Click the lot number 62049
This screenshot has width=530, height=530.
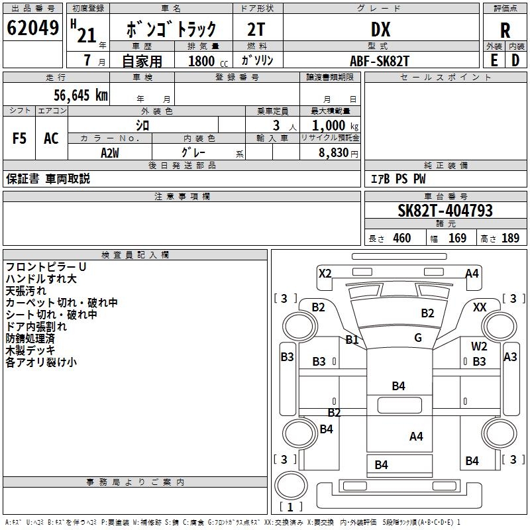pos(32,28)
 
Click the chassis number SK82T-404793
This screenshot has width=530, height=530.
pos(445,211)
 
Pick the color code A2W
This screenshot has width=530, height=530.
pos(110,152)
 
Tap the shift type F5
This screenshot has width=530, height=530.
pos(20,138)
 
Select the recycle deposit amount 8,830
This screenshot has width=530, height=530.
pos(333,152)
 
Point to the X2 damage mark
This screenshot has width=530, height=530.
pos(325,273)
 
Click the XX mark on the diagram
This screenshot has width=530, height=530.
pos(480,307)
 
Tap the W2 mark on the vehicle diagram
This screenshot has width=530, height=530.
pos(479,346)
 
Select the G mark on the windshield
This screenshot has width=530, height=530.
pos(417,338)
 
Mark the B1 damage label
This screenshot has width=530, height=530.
pos(352,340)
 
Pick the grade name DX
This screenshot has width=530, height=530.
pos(380,29)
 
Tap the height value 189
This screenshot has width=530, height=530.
pos(510,238)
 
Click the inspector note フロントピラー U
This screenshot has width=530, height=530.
pos(46,266)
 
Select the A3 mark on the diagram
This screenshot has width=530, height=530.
pos(510,356)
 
